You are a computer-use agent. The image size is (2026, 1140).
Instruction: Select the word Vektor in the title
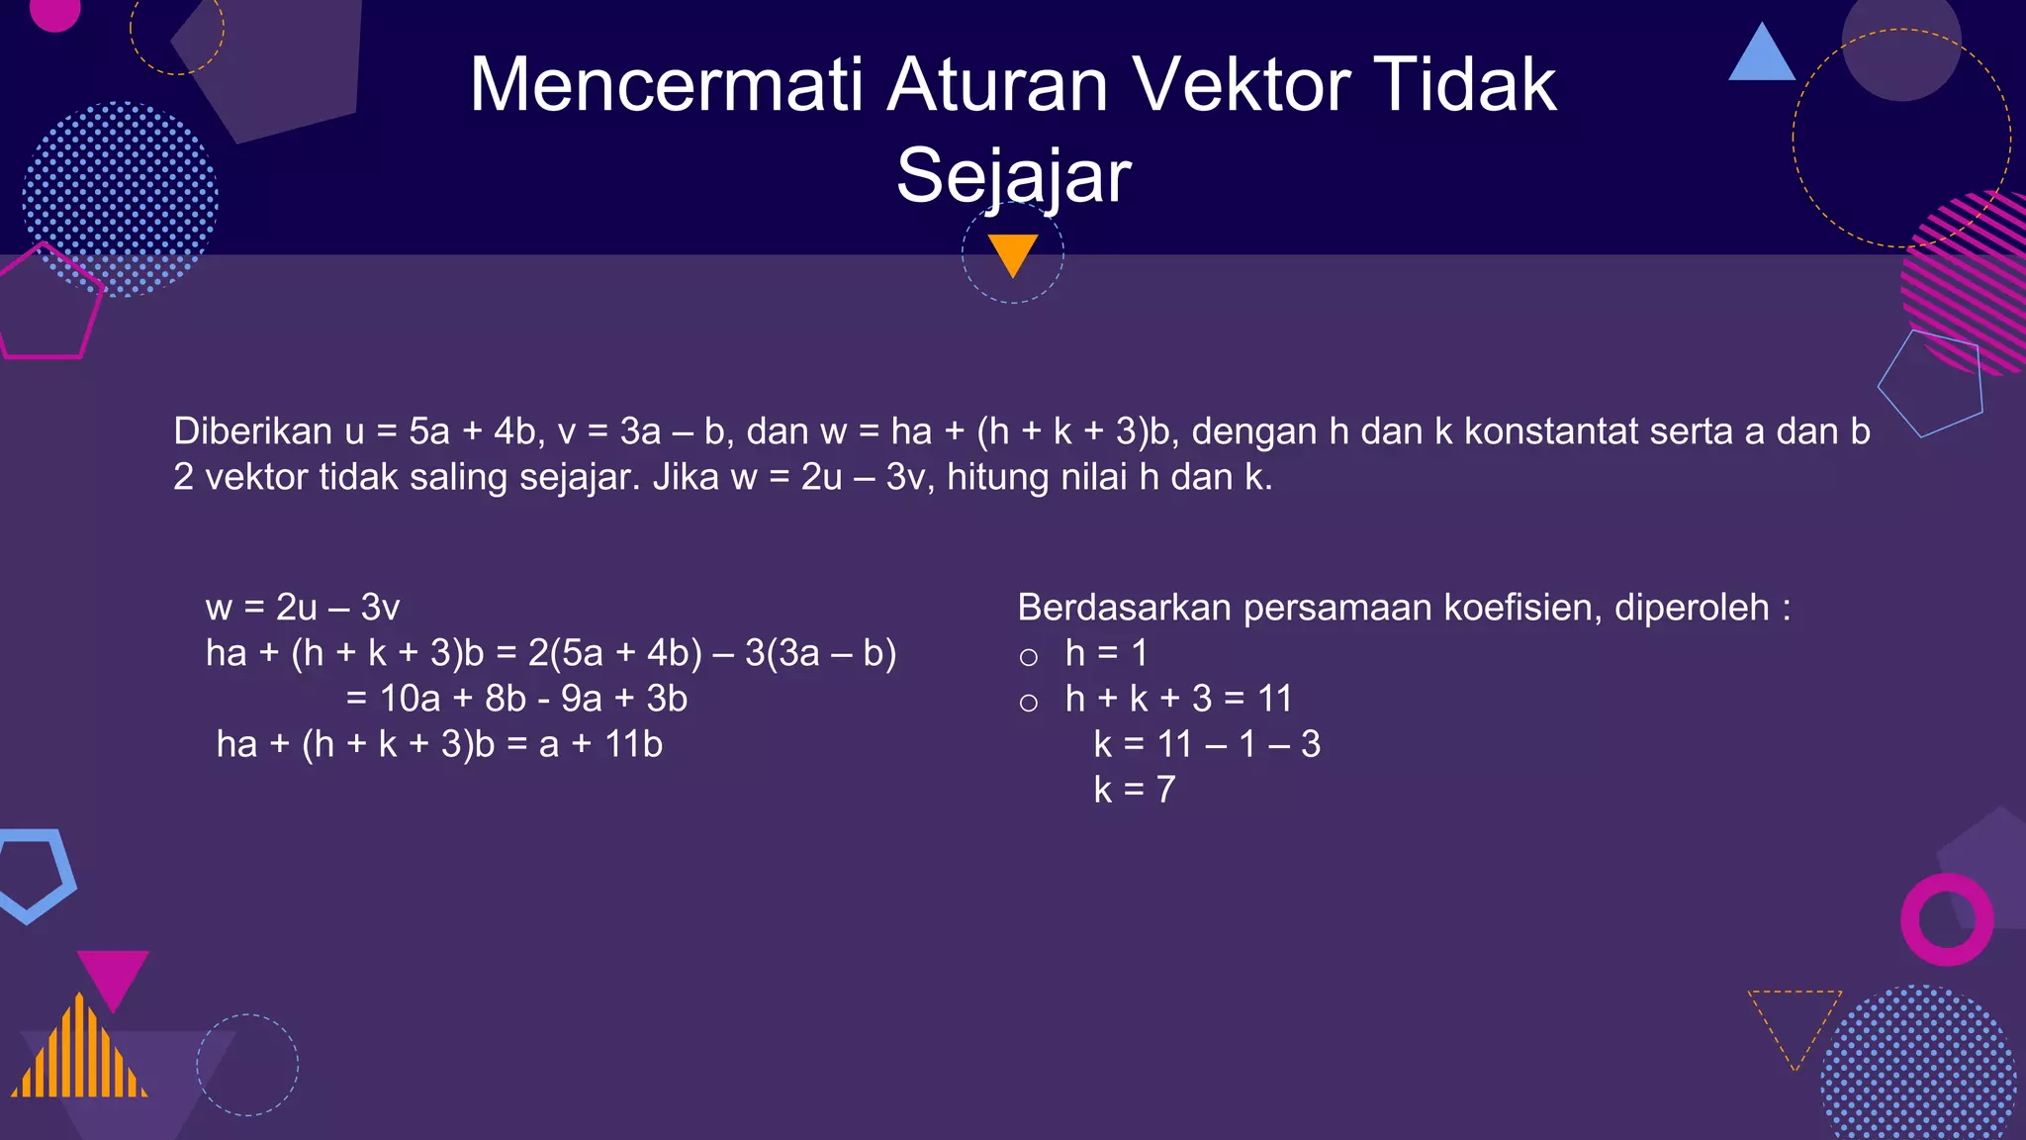coord(1242,84)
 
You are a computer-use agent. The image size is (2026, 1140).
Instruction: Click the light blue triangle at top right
coord(1762,56)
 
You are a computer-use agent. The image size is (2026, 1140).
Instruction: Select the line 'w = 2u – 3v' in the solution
coord(303,608)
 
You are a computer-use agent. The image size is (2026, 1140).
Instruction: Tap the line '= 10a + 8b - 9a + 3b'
coord(516,699)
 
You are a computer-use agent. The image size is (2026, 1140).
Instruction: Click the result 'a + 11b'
coord(600,744)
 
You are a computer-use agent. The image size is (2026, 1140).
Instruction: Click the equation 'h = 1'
coord(1106,653)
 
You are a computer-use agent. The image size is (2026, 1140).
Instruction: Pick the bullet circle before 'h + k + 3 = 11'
coord(1029,703)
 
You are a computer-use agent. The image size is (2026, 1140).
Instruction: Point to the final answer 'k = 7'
coord(1135,790)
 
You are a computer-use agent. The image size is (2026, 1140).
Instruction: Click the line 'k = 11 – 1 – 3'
coord(1207,744)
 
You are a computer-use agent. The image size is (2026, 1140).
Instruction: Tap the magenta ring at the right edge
coord(1946,919)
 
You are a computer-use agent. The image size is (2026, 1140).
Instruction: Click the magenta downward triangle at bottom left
coord(113,975)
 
